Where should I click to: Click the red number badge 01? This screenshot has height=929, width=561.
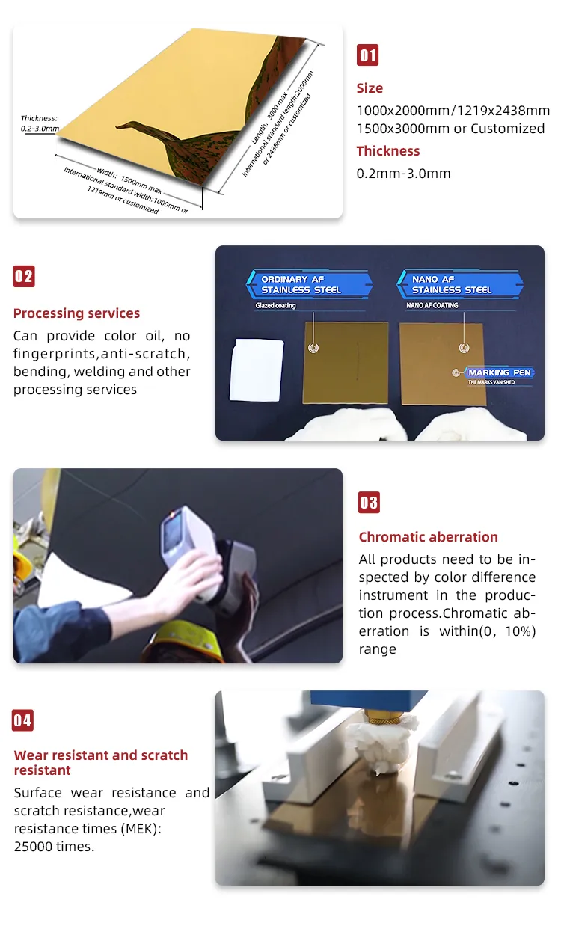point(367,55)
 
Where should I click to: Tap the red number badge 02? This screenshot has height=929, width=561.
point(24,276)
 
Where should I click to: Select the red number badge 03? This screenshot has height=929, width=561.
point(369,503)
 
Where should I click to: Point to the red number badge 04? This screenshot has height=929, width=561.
point(22,720)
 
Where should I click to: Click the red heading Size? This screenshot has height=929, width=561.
point(370,88)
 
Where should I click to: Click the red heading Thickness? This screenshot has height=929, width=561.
point(388,151)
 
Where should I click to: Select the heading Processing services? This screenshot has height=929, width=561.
point(77,313)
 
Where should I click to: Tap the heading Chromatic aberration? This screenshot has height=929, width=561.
point(429,536)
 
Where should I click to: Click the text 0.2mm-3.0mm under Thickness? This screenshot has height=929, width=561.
point(403,174)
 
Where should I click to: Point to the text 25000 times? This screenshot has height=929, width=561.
point(55,847)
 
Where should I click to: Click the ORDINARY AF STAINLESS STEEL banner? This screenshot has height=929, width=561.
point(310,284)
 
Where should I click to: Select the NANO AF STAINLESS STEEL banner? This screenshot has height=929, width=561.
point(460,284)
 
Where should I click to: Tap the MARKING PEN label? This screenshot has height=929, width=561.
point(499,372)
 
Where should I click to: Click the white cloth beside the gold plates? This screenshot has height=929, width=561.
point(257,370)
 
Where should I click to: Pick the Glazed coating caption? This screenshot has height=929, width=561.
point(276,306)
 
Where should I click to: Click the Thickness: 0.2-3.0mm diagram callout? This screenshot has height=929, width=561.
point(40,123)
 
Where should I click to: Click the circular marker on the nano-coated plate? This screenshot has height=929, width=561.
point(464,348)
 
